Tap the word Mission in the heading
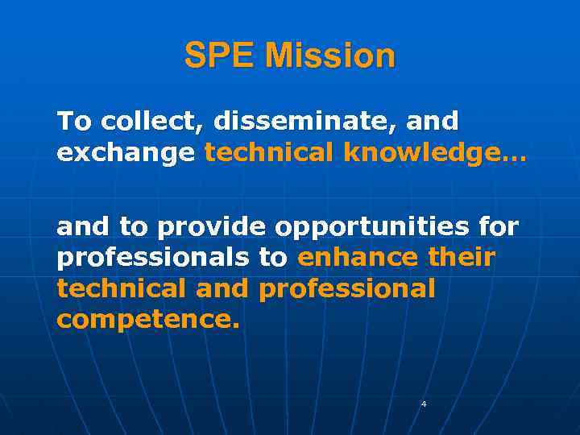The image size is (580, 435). click(330, 56)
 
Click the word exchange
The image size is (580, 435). click(126, 152)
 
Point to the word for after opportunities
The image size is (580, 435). click(499, 228)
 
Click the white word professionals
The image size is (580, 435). click(153, 259)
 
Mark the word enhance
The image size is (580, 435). click(358, 259)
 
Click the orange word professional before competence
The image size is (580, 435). click(346, 289)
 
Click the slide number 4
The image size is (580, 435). click(424, 404)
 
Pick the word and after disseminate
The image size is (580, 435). click(433, 122)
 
